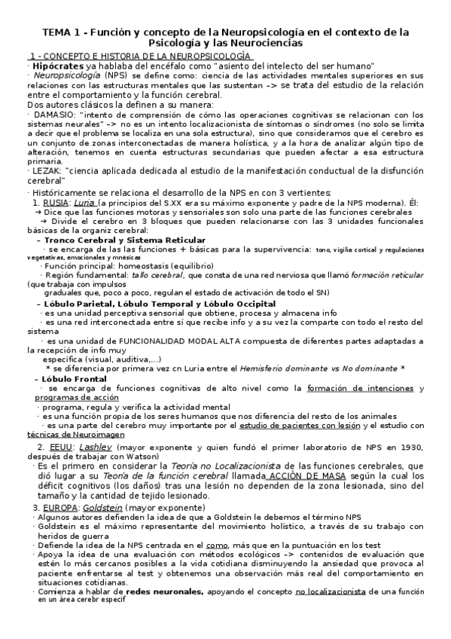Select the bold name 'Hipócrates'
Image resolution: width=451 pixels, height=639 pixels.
[55, 66]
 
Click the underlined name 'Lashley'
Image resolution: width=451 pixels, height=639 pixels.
[95, 447]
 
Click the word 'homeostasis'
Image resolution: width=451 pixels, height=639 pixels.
[143, 266]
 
